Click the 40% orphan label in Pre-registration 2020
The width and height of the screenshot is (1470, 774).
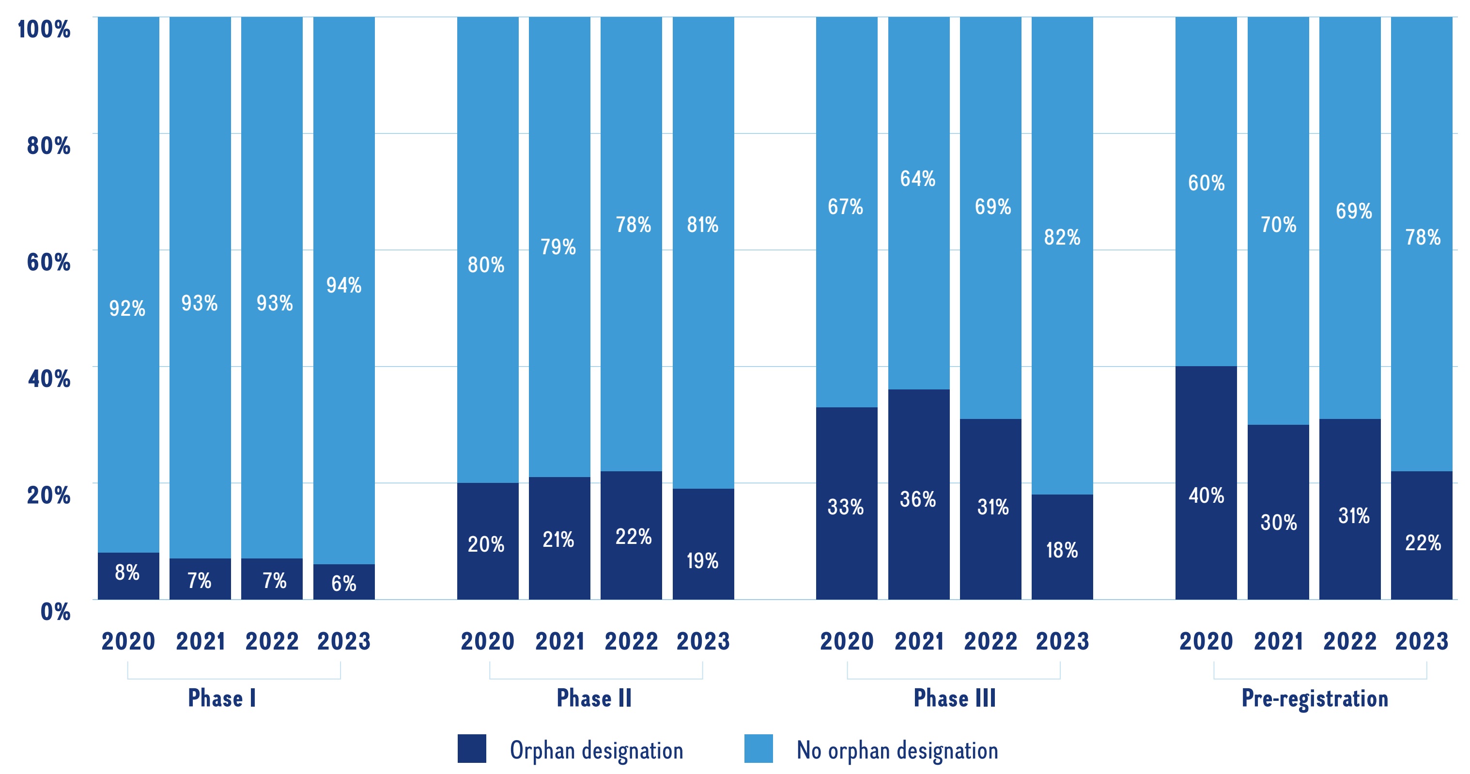click(1206, 495)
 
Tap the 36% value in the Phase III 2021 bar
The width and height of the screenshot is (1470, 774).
click(918, 499)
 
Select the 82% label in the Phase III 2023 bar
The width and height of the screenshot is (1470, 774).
click(1062, 237)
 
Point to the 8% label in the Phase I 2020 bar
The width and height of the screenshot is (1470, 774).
click(127, 572)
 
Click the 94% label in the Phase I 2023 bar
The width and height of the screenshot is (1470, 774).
click(343, 285)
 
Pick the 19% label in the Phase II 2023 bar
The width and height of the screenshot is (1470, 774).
click(702, 560)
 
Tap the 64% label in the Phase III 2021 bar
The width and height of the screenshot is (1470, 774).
click(918, 179)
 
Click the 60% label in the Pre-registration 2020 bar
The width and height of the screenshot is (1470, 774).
click(1206, 183)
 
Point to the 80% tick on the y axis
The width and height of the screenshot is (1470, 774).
click(48, 146)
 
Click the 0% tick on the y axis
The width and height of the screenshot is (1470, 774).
click(55, 612)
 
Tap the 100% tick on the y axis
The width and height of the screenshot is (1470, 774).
click(44, 29)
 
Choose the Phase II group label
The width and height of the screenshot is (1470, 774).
click(594, 698)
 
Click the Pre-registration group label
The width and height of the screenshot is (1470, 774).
click(1315, 698)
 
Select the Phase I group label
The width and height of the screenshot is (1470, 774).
click(222, 698)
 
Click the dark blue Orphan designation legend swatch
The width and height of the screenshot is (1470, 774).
click(471, 748)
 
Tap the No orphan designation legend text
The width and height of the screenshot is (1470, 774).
click(897, 751)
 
